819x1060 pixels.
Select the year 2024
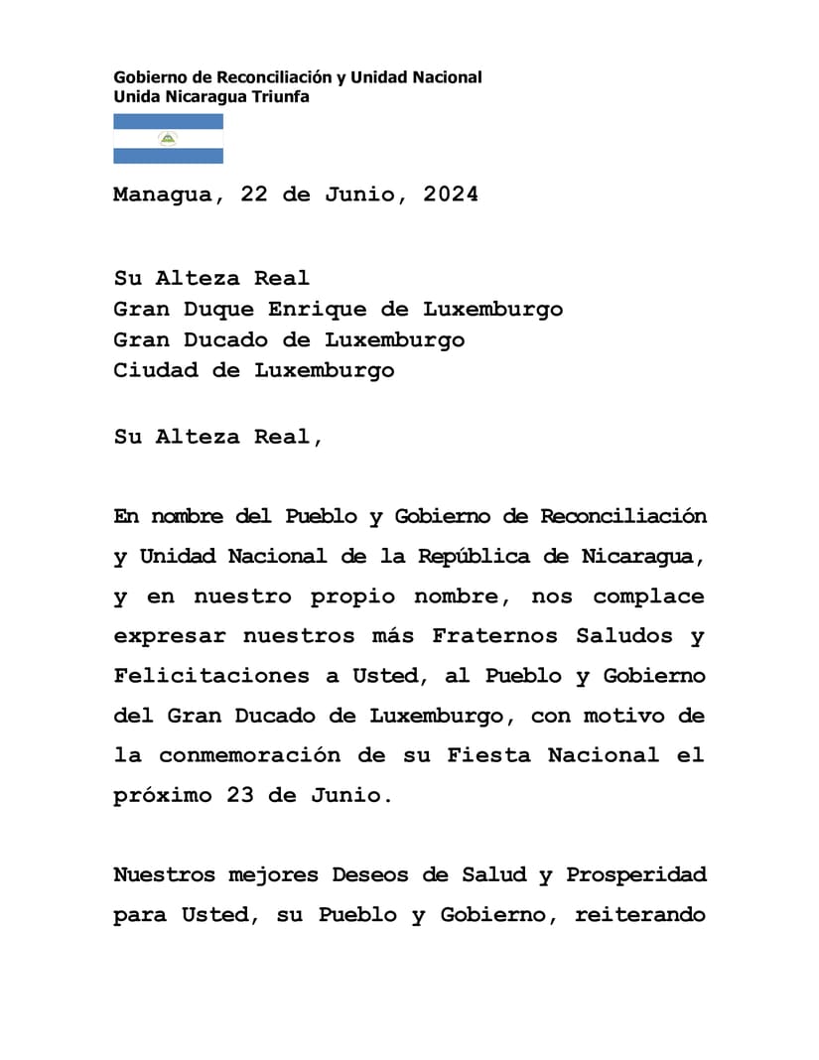click(x=450, y=195)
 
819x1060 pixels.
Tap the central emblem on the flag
click(x=168, y=139)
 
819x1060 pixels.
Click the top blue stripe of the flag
click(x=168, y=121)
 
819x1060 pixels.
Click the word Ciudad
click(x=156, y=370)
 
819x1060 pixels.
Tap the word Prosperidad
click(x=636, y=875)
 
